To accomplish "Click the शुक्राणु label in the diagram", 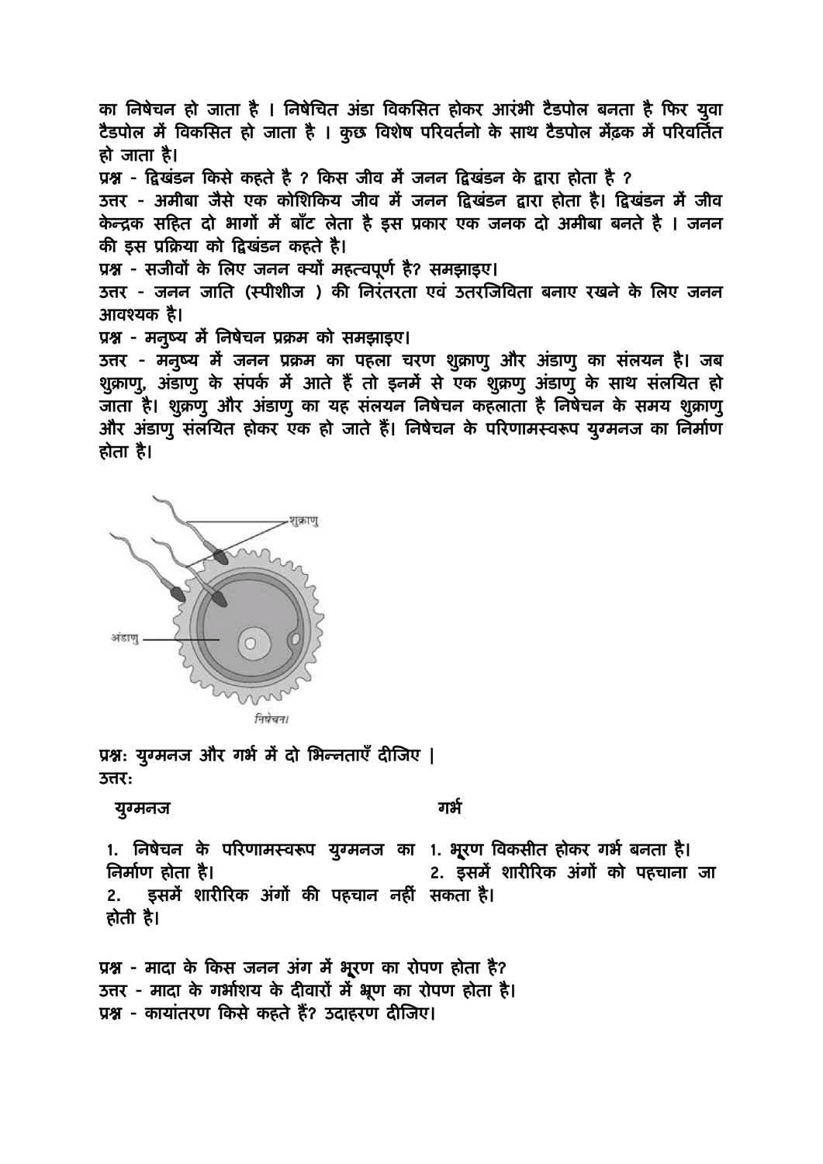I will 303,521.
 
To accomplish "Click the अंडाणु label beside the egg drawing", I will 125,639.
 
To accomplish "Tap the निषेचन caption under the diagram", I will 271,719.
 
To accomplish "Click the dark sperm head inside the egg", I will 219,598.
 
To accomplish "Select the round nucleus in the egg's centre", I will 251,643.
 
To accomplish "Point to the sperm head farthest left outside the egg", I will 178,594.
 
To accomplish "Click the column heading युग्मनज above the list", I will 142,809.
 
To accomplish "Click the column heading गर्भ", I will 449,808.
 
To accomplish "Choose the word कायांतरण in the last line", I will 178,1013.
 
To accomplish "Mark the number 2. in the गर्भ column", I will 437,873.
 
